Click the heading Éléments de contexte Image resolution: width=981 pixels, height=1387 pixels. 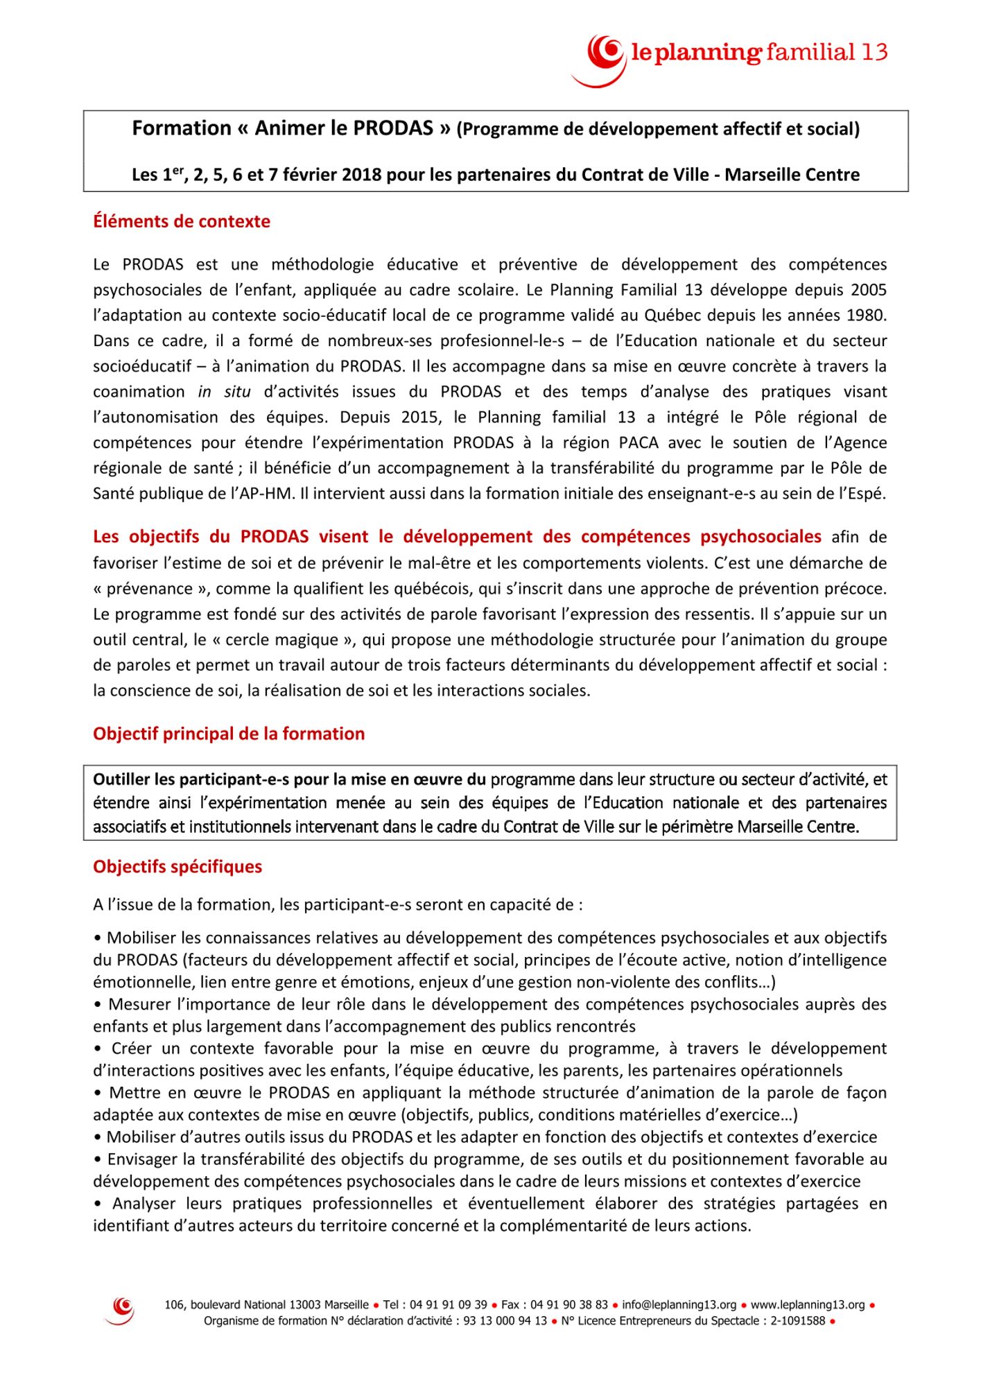tap(182, 222)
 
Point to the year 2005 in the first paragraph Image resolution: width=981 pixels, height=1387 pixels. tap(869, 290)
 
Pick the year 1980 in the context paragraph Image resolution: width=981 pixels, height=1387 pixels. tap(865, 316)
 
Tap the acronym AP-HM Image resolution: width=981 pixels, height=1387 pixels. tap(255, 494)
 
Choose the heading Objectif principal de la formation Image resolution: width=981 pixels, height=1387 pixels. tap(229, 734)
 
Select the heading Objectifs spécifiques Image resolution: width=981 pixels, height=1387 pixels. tap(177, 867)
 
